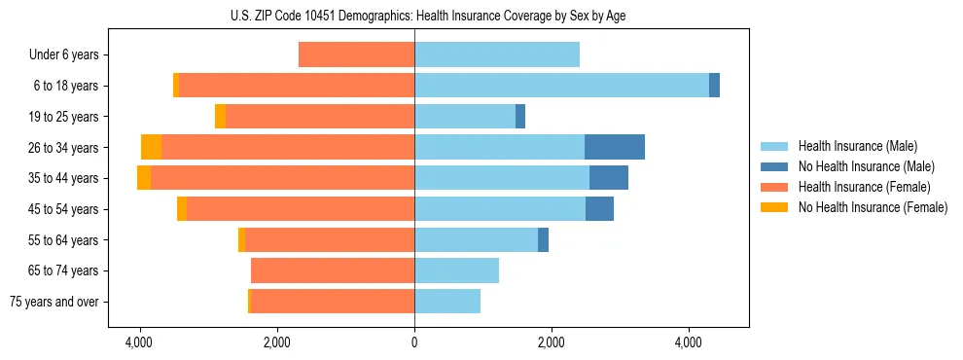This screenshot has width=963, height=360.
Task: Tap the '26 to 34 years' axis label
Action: pyautogui.click(x=63, y=148)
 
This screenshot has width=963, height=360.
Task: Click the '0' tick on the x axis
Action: pyautogui.click(x=414, y=342)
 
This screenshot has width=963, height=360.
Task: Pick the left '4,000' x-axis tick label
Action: pyautogui.click(x=139, y=342)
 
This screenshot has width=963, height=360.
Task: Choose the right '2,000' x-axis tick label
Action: pyautogui.click(x=551, y=342)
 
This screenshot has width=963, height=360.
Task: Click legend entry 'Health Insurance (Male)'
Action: pyautogui.click(x=856, y=146)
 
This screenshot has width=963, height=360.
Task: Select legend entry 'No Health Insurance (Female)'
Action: pyautogui.click(x=873, y=207)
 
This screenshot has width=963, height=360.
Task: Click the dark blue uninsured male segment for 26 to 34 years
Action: pyautogui.click(x=614, y=147)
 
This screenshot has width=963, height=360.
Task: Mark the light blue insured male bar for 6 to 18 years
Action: pyautogui.click(x=561, y=86)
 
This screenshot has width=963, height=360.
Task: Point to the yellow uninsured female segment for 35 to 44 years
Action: pyautogui.click(x=144, y=178)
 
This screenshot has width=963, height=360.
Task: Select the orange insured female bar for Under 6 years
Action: pyautogui.click(x=356, y=54)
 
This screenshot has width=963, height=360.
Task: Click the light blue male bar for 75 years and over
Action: pyautogui.click(x=447, y=302)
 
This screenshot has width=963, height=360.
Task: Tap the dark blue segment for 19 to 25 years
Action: pyautogui.click(x=520, y=117)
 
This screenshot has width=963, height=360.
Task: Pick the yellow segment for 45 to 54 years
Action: pyautogui.click(x=182, y=209)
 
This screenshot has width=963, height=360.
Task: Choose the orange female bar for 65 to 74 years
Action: pyautogui.click(x=333, y=270)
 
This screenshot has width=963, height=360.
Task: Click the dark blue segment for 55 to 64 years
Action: pyautogui.click(x=543, y=239)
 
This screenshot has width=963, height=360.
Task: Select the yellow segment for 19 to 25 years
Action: pyautogui.click(x=220, y=117)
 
